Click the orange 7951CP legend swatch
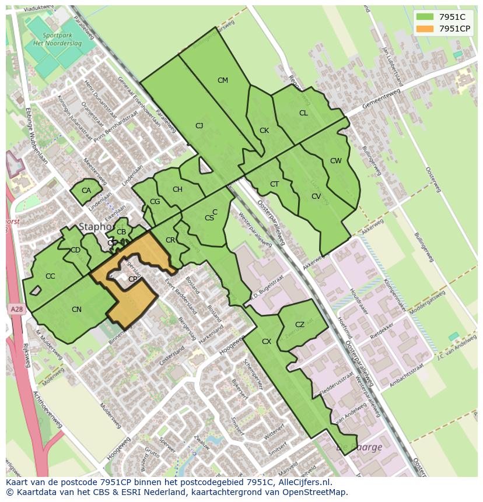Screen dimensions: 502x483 426,29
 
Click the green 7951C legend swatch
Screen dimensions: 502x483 426,16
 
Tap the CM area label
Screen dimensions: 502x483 222,80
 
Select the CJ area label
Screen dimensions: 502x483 199,125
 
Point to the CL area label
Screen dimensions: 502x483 303,113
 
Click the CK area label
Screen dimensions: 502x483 264,131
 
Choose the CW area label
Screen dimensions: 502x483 335,161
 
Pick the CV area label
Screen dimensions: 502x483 316,196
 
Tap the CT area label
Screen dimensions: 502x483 275,184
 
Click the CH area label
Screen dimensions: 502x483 177,189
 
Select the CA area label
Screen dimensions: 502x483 86,191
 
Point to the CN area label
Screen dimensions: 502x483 76,310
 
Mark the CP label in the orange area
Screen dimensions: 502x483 132,279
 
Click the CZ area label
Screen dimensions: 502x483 300,325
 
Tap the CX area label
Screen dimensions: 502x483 267,342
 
